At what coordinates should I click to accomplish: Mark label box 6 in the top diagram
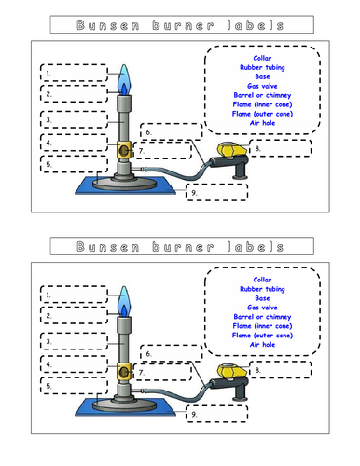pos(170,133)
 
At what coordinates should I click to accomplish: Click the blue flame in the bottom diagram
pos(123,300)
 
